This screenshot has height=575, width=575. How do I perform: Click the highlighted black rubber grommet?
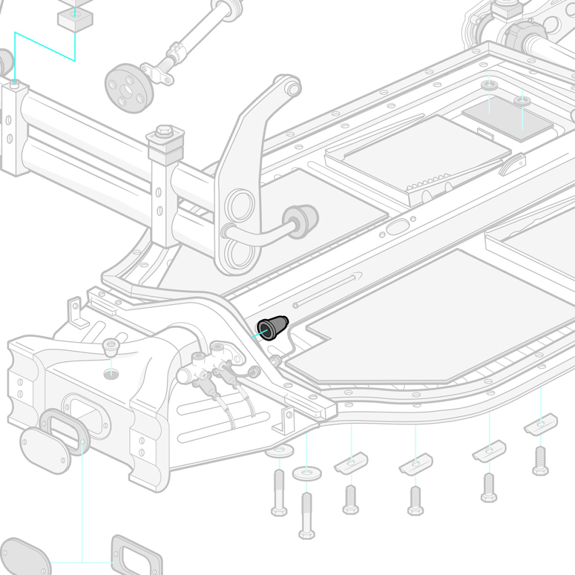[273, 328]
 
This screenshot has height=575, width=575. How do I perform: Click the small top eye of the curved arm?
[292, 88]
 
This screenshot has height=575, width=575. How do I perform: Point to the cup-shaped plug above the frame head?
[110, 347]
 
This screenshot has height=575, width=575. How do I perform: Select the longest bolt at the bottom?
[306, 515]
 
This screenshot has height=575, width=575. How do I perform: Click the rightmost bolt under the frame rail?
[540, 461]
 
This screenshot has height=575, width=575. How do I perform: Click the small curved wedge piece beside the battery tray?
[512, 165]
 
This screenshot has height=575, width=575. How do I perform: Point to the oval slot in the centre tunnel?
[397, 227]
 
